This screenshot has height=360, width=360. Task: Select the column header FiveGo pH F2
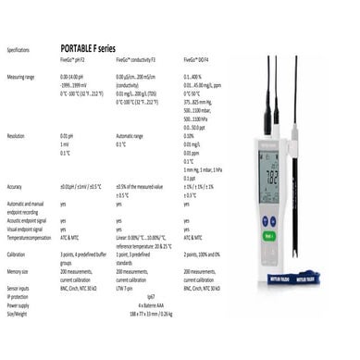73,58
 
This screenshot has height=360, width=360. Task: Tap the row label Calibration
16,253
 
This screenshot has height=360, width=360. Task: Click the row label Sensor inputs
19,287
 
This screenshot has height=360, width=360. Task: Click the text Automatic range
130,136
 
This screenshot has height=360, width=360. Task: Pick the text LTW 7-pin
127,287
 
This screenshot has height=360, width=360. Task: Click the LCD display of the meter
268,172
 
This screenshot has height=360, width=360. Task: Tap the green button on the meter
268,234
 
